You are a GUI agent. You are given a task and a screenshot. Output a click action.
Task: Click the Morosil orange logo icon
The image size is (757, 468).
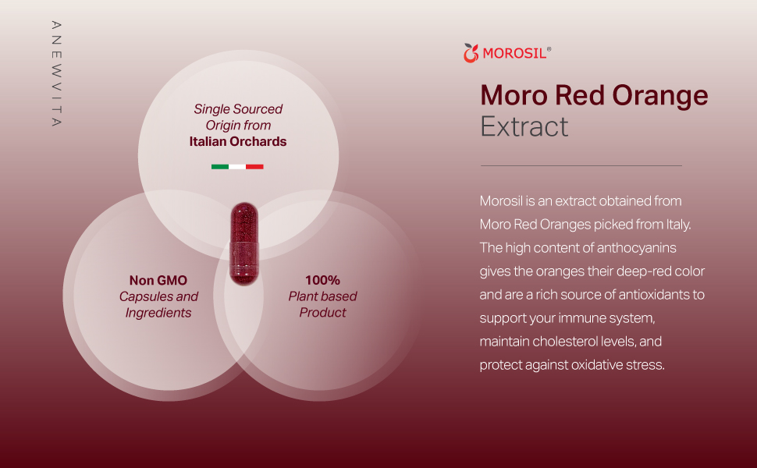[471, 53]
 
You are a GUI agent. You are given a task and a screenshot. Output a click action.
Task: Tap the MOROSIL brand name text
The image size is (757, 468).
[514, 53]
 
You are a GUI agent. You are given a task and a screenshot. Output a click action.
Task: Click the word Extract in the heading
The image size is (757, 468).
[524, 126]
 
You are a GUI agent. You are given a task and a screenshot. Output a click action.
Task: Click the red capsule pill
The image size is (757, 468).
[244, 243]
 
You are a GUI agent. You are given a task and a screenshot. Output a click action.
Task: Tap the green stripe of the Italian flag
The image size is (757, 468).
[219, 167]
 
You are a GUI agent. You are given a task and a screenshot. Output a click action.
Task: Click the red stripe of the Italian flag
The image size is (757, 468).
[254, 167]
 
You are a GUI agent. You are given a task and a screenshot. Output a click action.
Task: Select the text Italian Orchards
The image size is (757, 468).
[238, 141]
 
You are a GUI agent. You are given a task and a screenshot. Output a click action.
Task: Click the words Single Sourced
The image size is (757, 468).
[238, 109]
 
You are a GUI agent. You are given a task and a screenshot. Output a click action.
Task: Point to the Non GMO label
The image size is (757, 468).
[158, 280]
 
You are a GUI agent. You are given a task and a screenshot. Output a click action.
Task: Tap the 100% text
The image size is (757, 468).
[322, 280]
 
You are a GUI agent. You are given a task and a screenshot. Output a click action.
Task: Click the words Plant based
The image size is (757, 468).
[322, 296]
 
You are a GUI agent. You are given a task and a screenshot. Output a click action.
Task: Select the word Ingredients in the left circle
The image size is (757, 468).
[158, 313]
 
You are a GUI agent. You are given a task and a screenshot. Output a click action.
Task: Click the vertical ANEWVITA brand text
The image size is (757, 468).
[56, 74]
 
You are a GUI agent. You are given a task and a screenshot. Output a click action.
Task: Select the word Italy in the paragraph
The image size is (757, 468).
[678, 225]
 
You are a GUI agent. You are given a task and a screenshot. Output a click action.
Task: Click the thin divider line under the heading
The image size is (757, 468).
[581, 165]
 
